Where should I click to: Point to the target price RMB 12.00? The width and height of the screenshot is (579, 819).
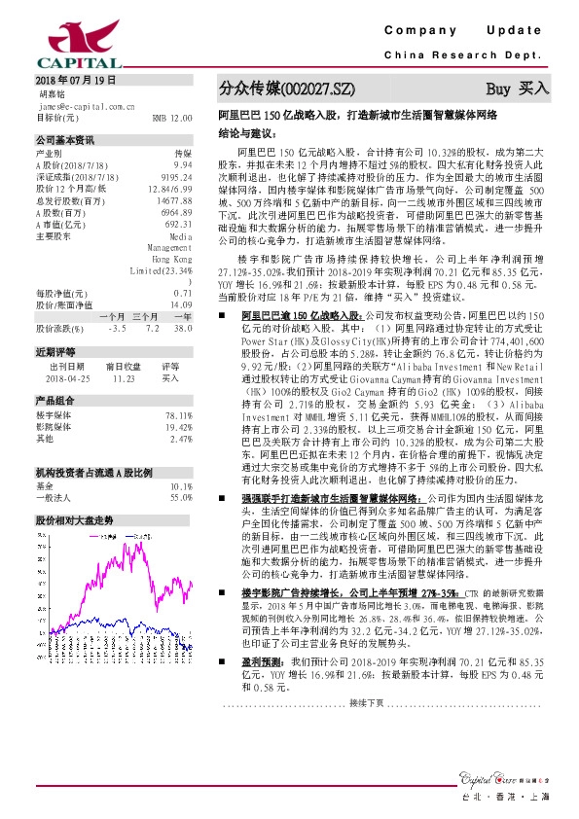172,117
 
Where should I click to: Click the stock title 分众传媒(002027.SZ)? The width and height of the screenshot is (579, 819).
280,89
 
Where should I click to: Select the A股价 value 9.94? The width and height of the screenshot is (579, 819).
182,163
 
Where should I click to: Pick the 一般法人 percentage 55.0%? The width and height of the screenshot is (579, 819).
179,496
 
